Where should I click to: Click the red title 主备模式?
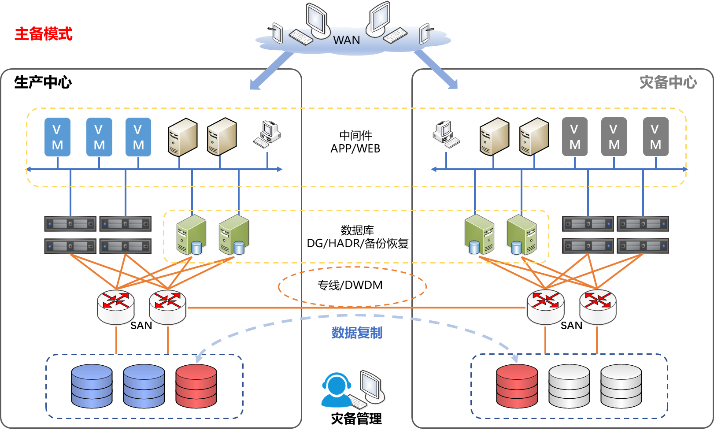(43, 34)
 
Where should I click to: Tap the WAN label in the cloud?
(346, 40)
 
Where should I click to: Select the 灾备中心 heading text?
(668, 82)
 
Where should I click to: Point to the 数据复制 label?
(357, 333)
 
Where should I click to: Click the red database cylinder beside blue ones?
(196, 386)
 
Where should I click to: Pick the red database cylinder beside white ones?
(517, 386)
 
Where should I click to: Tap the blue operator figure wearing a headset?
(337, 390)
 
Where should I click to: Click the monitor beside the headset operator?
(372, 387)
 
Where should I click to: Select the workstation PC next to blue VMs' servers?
(268, 134)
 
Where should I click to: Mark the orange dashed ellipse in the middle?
(352, 287)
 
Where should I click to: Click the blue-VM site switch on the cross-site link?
(168, 307)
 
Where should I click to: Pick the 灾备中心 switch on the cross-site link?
(545, 307)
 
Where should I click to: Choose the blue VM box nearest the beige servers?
(138, 137)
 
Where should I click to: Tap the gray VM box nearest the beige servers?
(574, 137)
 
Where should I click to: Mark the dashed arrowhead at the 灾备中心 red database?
(514, 358)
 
